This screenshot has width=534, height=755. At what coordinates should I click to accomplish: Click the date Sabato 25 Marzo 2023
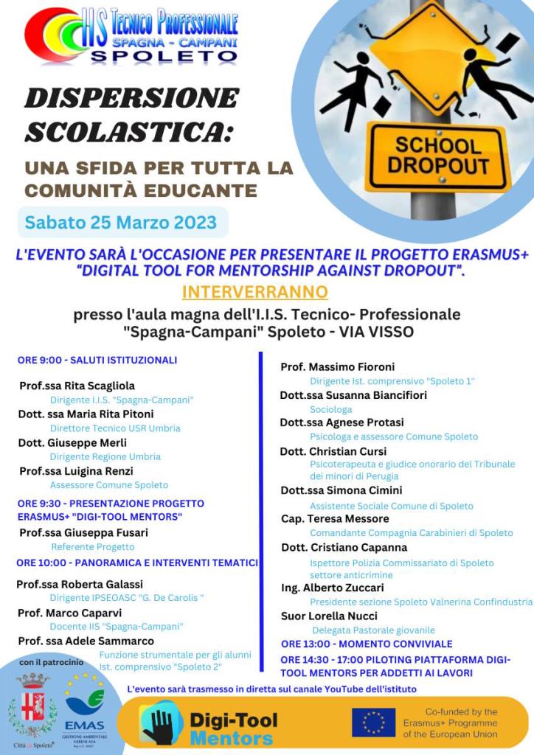[121, 222]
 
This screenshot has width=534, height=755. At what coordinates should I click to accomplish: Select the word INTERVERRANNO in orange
[254, 291]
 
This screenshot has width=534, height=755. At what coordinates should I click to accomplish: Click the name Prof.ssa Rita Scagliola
[77, 386]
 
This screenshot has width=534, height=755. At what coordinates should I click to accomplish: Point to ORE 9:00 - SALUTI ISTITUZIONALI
[97, 361]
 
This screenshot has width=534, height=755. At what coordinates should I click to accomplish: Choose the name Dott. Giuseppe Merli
[72, 442]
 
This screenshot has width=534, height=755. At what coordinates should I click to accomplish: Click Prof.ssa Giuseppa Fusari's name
[83, 532]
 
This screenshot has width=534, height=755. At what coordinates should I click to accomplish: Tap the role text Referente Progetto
[93, 547]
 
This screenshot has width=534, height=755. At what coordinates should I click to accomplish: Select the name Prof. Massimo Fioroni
[338, 366]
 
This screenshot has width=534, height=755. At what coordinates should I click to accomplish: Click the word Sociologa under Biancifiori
[330, 409]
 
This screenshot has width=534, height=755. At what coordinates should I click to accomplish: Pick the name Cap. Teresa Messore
[335, 518]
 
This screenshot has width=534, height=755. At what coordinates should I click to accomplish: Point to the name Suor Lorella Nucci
[329, 616]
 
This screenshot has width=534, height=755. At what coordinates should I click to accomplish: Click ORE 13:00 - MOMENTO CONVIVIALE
[367, 644]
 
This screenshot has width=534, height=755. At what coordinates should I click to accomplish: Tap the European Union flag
[373, 723]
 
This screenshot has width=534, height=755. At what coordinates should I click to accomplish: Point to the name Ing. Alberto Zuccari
[333, 588]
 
